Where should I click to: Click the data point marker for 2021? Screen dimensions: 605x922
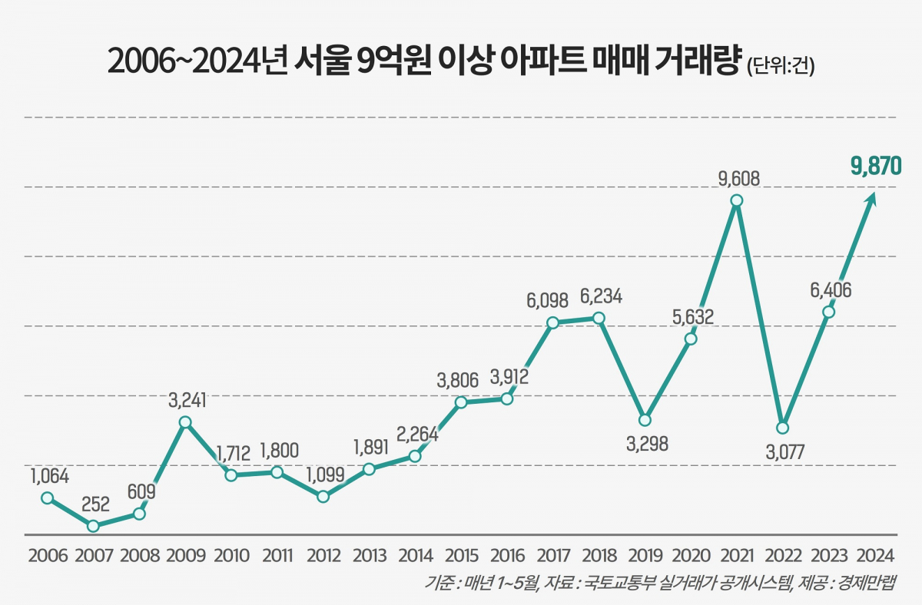pyautogui.click(x=737, y=200)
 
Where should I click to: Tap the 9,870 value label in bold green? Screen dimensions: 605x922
pyautogui.click(x=874, y=165)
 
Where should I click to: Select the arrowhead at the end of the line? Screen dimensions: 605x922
pyautogui.click(x=871, y=199)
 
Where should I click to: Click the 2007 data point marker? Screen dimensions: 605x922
pyautogui.click(x=93, y=526)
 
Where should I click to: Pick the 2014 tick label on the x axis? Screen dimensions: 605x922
pyautogui.click(x=415, y=555)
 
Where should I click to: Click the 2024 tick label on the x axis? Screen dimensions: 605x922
pyautogui.click(x=875, y=555)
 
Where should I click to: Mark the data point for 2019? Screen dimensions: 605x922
pyautogui.click(x=645, y=420)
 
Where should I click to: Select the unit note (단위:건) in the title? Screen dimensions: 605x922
pyautogui.click(x=780, y=67)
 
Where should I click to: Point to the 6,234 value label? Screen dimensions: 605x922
pyautogui.click(x=601, y=296)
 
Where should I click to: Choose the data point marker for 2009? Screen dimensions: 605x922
pyautogui.click(x=184, y=422)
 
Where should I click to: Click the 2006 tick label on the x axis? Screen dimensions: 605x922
pyautogui.click(x=47, y=555)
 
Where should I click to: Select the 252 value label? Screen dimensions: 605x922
pyautogui.click(x=95, y=504)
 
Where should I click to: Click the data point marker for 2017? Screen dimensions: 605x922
pyautogui.click(x=552, y=322)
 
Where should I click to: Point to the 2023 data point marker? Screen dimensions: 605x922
pyautogui.click(x=828, y=312)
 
